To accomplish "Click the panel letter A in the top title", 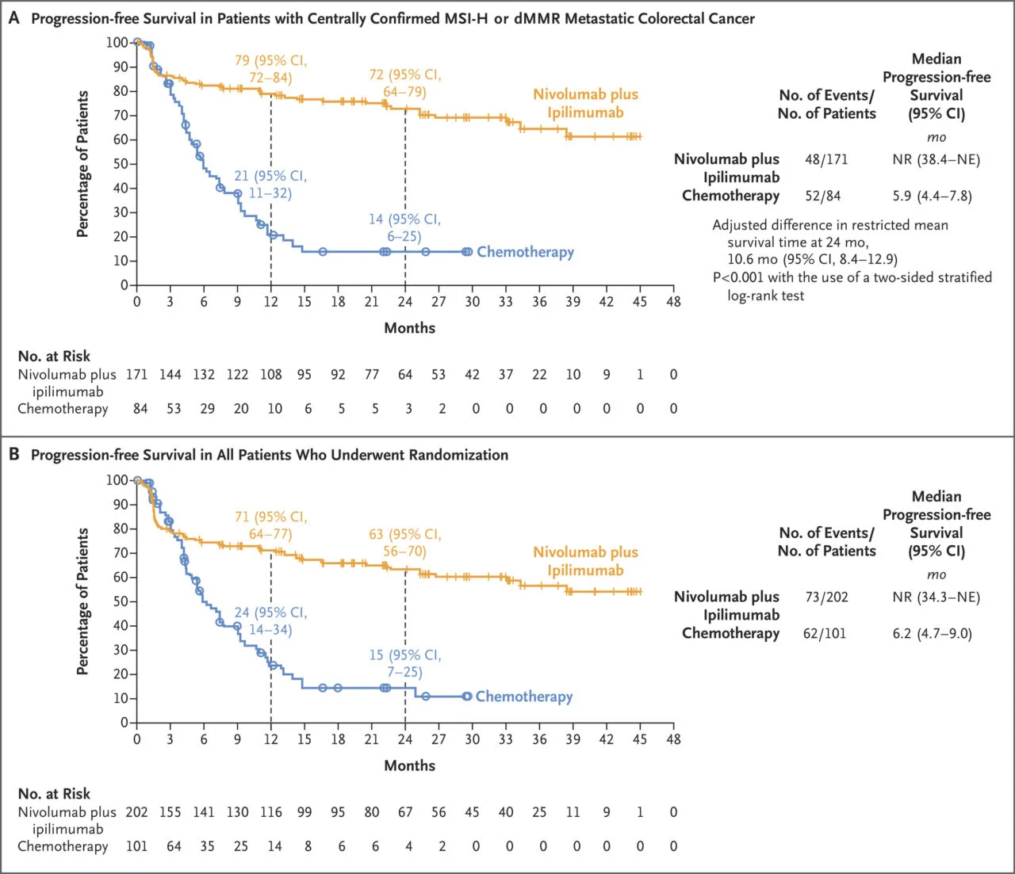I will pos(13,17).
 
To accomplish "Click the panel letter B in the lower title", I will pos(13,455).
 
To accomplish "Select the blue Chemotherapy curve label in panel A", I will pos(525,252).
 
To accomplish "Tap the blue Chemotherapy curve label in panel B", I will pos(523,697).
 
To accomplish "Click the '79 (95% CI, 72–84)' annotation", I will pos(270,69).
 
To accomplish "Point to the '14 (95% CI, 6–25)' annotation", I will pos(404,227).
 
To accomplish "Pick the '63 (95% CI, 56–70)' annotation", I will pos(404,543).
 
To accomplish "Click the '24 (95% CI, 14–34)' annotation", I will pos(270,621).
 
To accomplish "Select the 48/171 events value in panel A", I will pos(826,159).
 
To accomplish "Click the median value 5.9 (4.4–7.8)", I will pos(932,196).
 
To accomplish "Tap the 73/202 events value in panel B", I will pos(826,597).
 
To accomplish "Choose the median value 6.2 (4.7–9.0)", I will pos(932,633).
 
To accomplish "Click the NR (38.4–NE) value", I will pos(936,159).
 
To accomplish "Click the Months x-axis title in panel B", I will pos(409,765).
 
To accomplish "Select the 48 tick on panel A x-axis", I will pos(673,302).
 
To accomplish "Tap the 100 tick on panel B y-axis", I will pos(117,480).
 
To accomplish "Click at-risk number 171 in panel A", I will pos(137,375).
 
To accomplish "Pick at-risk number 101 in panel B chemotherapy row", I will pos(137,846).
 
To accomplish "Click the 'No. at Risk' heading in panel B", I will pos(54,793).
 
